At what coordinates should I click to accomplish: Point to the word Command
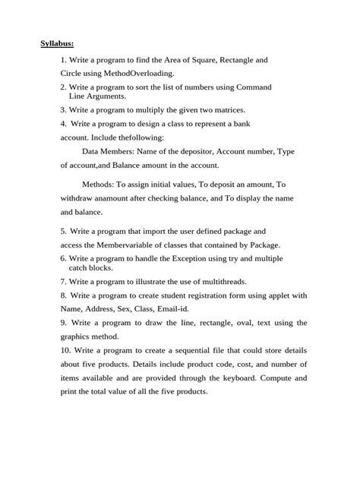(251, 88)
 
